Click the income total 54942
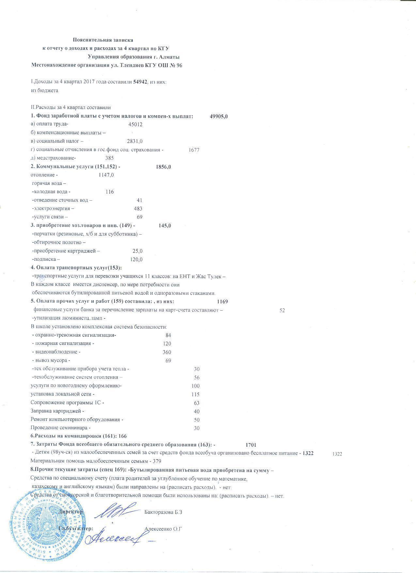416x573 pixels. tap(140, 82)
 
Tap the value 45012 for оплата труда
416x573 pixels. tap(135, 125)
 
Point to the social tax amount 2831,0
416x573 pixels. tap(134, 141)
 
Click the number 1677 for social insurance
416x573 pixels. tap(194, 150)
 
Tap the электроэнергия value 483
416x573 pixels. tap(138, 209)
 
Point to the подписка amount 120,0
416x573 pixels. tap(136, 260)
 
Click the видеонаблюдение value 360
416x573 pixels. tap(167, 352)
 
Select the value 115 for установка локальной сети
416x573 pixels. tap(195, 395)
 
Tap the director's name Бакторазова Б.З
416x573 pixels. tap(163, 512)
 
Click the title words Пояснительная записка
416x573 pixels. tap(103, 40)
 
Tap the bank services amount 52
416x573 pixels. tap(282, 311)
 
